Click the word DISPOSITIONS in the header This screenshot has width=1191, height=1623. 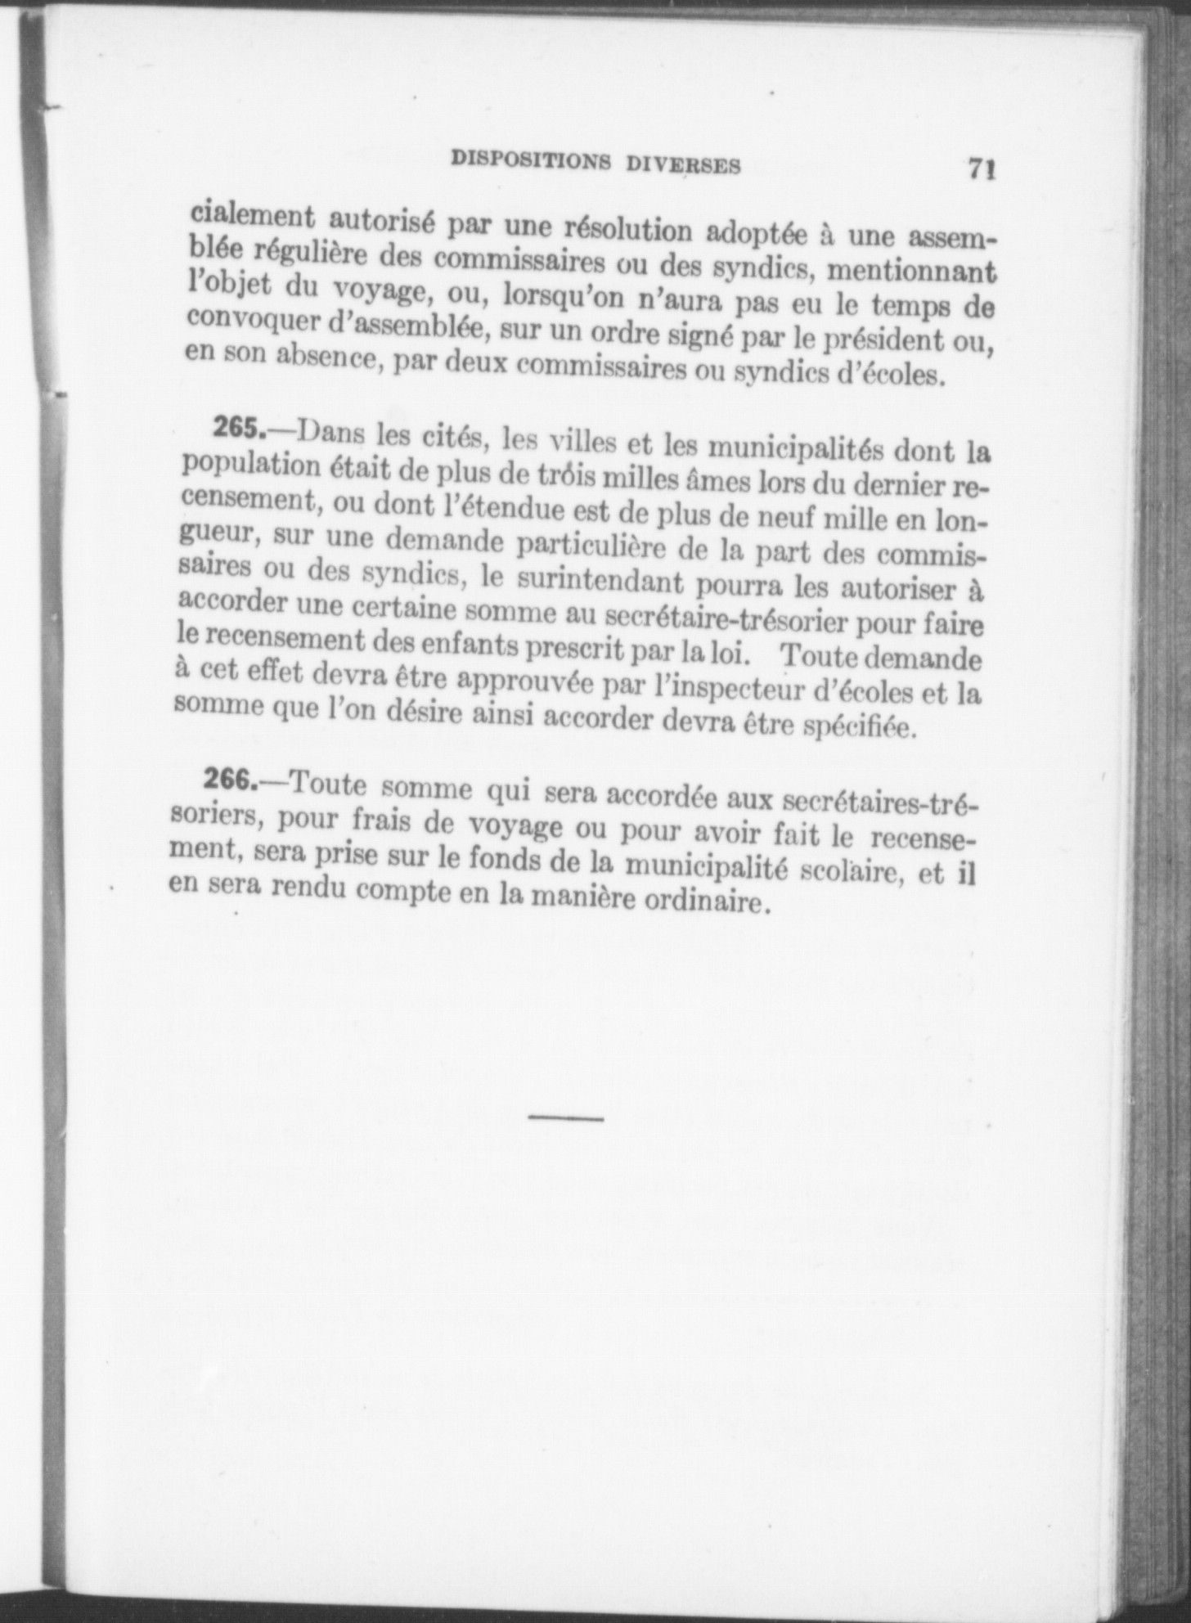coord(531,161)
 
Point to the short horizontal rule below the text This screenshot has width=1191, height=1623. coord(566,1117)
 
